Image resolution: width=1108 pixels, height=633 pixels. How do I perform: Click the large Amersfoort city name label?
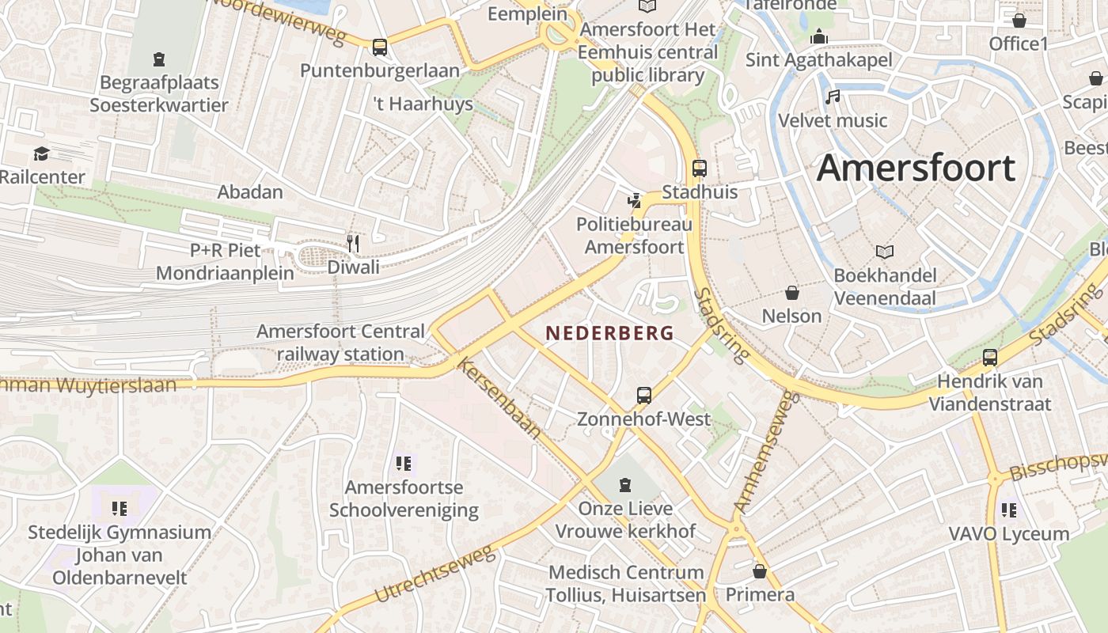click(916, 169)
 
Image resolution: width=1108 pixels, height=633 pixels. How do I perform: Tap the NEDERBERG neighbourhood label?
click(609, 333)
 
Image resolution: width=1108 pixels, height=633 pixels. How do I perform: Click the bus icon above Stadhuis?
click(700, 168)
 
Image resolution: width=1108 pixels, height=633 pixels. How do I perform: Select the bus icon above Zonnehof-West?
click(644, 395)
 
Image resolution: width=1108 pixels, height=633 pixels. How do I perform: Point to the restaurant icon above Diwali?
click(353, 243)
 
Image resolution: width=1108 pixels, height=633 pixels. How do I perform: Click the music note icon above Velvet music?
click(832, 97)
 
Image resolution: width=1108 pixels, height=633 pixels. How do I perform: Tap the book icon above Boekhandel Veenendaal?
click(884, 252)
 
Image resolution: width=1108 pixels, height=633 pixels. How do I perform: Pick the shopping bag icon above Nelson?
click(791, 293)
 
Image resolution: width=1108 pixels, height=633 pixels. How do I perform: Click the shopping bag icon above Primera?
click(760, 570)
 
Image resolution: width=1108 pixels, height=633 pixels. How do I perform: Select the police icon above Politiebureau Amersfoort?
click(633, 201)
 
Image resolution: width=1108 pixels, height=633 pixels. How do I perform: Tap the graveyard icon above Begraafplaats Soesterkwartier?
click(159, 59)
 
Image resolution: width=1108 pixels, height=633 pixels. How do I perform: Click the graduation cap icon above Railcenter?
click(41, 154)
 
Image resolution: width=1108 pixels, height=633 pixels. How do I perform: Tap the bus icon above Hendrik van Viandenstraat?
click(989, 357)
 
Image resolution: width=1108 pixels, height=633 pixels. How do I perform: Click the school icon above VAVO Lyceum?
click(1008, 510)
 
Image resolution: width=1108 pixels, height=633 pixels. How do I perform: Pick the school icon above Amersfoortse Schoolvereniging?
click(404, 464)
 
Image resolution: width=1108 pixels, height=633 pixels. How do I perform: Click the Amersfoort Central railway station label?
click(340, 343)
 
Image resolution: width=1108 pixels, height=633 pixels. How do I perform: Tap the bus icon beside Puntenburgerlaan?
click(380, 47)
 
